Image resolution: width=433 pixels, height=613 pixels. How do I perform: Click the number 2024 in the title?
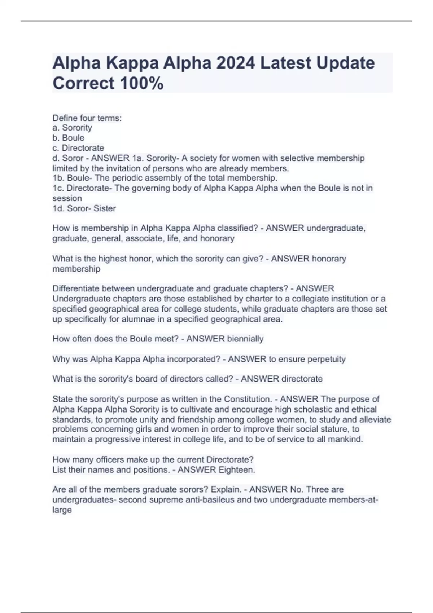[x=235, y=63]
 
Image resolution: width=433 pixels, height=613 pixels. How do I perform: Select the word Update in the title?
[x=346, y=63]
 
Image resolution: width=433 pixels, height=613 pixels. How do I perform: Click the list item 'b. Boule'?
[x=69, y=138]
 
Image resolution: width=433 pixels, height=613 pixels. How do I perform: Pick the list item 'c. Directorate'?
[x=78, y=148]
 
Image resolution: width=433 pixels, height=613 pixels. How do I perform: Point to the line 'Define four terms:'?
[x=87, y=118]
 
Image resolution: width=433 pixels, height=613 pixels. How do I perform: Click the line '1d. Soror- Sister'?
[x=84, y=208]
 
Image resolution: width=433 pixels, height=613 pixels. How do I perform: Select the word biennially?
[x=245, y=339]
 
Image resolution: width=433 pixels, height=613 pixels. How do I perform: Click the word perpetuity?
[x=327, y=359]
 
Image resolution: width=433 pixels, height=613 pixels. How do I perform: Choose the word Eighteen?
[x=237, y=470]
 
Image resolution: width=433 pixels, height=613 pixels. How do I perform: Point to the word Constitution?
[x=248, y=399]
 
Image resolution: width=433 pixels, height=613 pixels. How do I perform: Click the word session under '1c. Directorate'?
[x=67, y=198]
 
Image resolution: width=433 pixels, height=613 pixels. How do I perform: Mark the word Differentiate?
[x=76, y=288]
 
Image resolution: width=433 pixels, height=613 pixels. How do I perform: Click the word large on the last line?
[x=62, y=510]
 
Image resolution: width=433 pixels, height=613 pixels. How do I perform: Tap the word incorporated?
[x=193, y=359]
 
